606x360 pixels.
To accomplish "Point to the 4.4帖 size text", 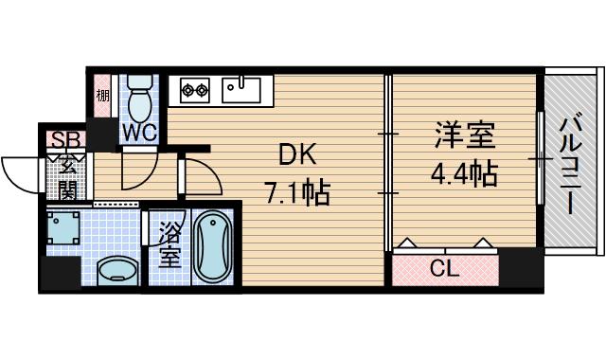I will coord(464,174).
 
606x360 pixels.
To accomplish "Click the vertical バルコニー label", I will coord(570,165).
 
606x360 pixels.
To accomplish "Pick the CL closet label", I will coord(444,268).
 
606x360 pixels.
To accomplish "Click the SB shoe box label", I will coord(65,140).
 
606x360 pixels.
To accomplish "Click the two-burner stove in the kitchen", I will coord(195,90).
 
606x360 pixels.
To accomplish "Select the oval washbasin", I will coord(116,269).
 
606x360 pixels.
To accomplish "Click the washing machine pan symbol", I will coord(66,230).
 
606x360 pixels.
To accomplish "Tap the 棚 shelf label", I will coord(101,96).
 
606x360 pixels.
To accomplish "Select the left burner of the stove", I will coord(187,90).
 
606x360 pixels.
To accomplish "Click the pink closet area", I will coord(444,268).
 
